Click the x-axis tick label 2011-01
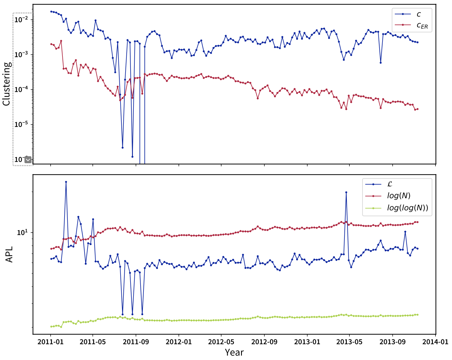50,342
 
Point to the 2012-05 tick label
221,342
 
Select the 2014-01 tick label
435,342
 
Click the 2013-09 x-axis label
392,342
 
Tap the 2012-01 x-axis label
179,342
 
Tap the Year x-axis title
234,352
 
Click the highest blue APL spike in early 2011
66,182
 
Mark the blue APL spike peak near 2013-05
346,192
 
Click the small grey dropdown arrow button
28,160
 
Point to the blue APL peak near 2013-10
405,232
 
